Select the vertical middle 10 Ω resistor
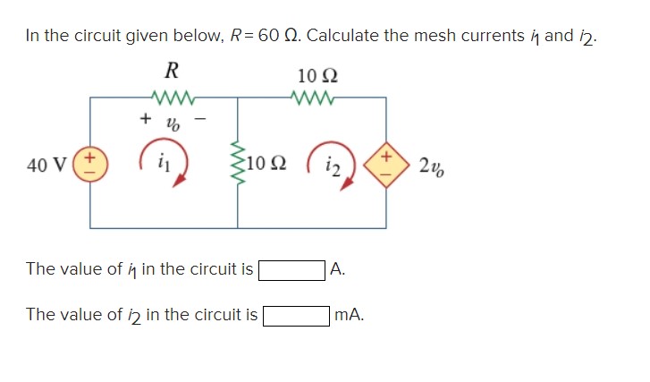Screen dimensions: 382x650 point(238,164)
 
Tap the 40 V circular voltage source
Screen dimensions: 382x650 point(89,165)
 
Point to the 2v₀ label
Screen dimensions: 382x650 point(426,164)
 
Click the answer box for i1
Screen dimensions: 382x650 point(291,268)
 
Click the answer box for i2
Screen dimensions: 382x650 point(295,314)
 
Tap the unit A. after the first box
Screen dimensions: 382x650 point(337,268)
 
